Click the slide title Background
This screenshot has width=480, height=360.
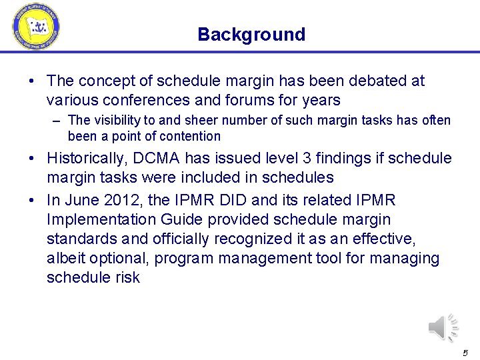pos(251,35)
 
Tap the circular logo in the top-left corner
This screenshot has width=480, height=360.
pos(36,26)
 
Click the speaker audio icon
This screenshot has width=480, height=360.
pos(443,327)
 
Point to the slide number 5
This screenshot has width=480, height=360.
pos(465,353)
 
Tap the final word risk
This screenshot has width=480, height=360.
pos(126,278)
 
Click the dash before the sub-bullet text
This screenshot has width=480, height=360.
pos(59,121)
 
